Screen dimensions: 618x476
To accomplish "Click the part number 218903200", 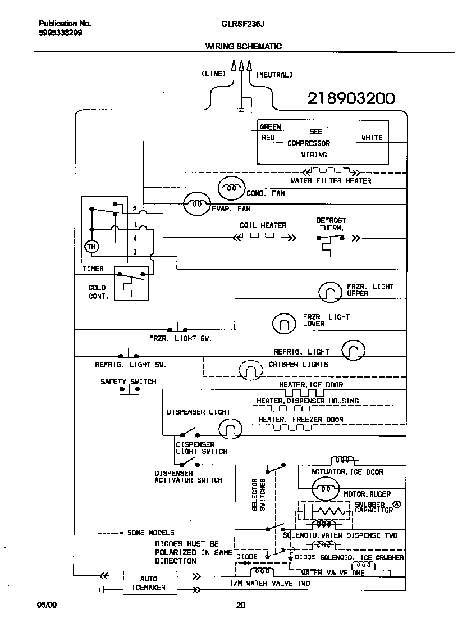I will tap(351, 99).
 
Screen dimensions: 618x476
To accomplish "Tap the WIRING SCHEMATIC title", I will tap(243, 47).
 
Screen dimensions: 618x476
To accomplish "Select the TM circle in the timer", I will tap(90, 246).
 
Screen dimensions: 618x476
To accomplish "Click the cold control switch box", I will tap(131, 284).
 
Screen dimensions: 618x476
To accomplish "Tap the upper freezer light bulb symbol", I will tap(329, 292).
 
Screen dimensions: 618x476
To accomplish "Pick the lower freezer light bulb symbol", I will tap(284, 323).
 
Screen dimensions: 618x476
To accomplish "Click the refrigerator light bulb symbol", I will tap(353, 350).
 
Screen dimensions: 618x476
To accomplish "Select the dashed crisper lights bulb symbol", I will tap(251, 370).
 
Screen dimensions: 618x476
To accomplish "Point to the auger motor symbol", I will tap(325, 489).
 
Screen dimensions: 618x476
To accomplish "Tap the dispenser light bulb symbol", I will tap(228, 430).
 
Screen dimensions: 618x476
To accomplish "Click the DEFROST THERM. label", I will tap(331, 224).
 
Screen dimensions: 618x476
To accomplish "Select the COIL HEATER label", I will tap(263, 225).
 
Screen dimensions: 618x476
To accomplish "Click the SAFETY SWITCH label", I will tap(128, 382).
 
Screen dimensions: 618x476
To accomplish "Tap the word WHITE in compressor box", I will tap(372, 138).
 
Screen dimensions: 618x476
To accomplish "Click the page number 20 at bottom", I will tap(241, 605).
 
